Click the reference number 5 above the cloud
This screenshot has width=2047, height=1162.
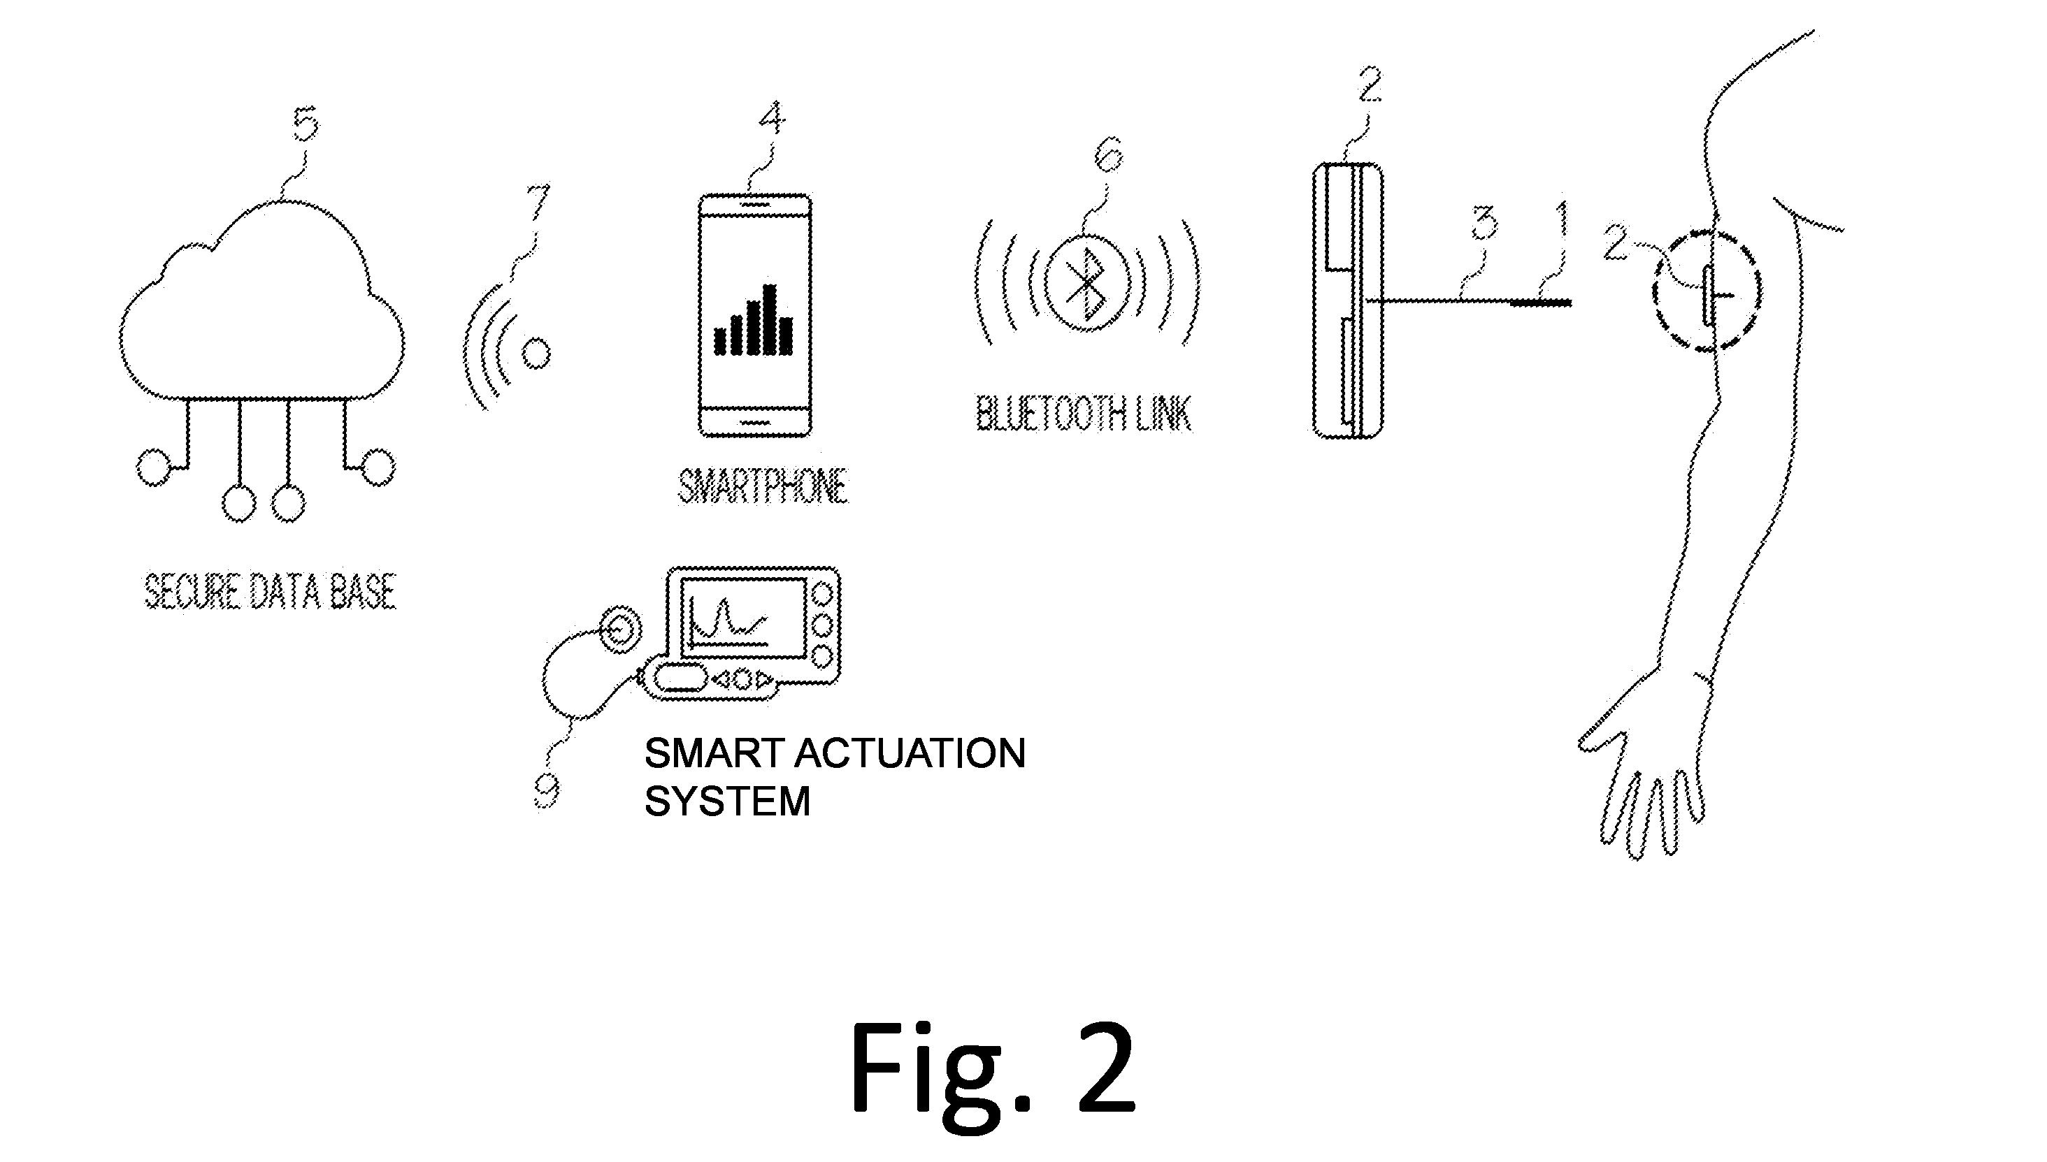tap(305, 124)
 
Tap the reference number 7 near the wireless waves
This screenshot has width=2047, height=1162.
tap(538, 202)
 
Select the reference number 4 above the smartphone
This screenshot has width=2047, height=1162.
tap(770, 119)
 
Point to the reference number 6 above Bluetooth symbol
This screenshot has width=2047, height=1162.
tap(1109, 154)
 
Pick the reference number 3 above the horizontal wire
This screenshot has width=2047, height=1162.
tap(1484, 224)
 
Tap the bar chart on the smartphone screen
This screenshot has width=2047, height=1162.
tap(753, 320)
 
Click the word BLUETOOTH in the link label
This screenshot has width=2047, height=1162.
tap(1045, 413)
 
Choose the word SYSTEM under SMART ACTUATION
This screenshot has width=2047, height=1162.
tap(727, 801)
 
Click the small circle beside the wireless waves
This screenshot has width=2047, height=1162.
tap(536, 353)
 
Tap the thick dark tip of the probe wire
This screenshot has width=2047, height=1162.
tap(1541, 303)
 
